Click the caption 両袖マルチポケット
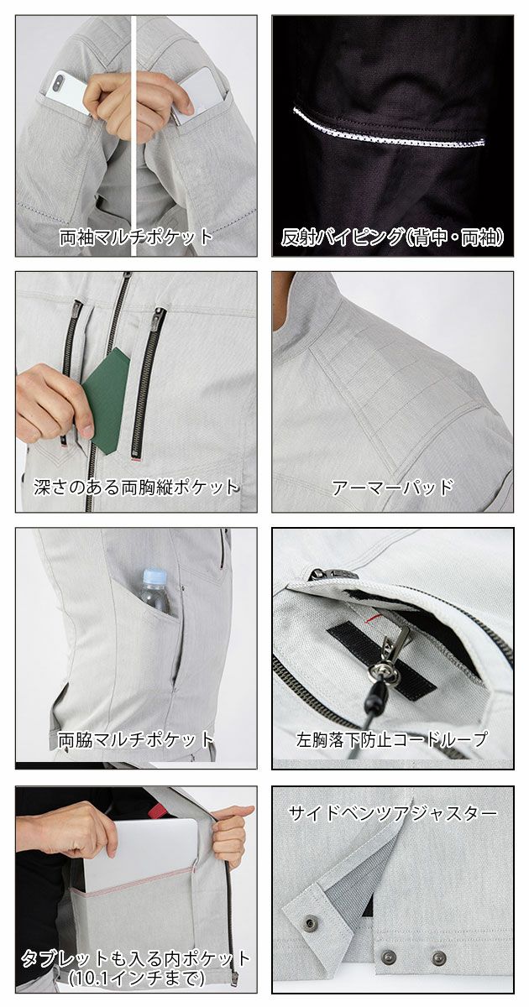[136, 237]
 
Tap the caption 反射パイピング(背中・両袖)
[392, 237]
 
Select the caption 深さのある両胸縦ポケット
[136, 487]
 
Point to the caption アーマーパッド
[392, 487]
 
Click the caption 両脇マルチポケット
[136, 739]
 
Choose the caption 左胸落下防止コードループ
[392, 739]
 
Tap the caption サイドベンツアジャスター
[392, 812]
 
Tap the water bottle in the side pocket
[155, 591]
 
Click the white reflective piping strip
[390, 126]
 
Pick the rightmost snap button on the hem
[438, 957]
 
